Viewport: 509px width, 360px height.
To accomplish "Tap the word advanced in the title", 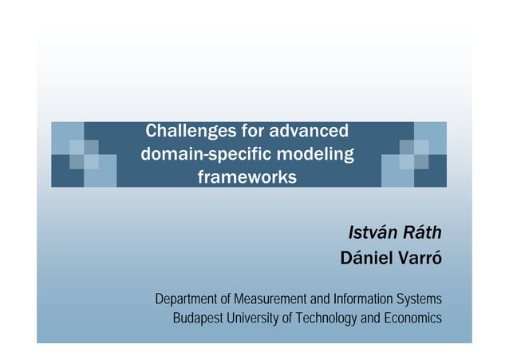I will (310, 130).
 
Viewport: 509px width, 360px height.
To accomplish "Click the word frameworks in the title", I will (247, 175).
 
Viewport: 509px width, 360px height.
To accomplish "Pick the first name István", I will (371, 233).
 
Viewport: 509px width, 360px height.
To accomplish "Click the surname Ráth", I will (420, 233).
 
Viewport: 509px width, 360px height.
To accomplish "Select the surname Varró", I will (420, 259).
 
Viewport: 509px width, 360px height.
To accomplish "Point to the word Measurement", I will (266, 299).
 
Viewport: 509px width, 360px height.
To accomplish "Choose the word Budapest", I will (199, 318).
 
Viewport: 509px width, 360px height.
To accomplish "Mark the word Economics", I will (412, 318).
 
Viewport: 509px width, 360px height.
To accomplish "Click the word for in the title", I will (254, 130).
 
